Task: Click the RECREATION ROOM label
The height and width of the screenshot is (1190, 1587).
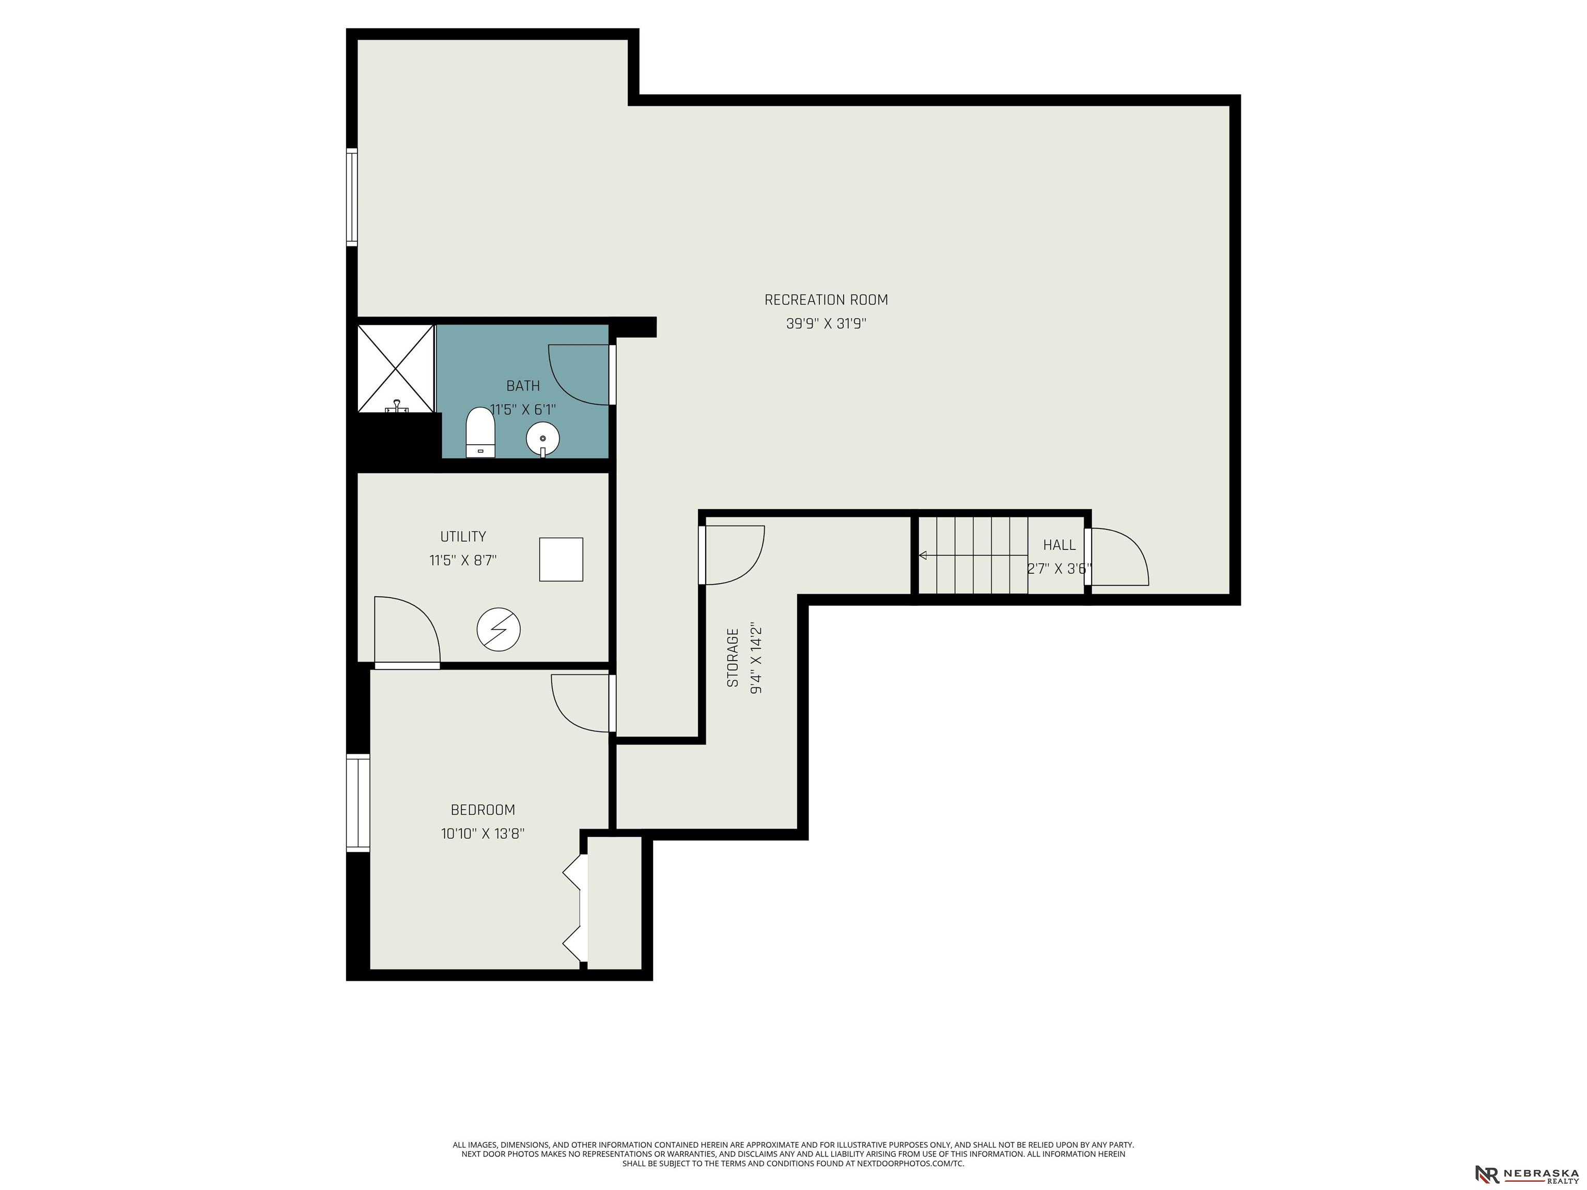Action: (x=826, y=300)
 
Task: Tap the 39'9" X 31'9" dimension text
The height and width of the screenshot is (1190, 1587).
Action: (x=826, y=323)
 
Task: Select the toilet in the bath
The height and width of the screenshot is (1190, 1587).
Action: (x=480, y=432)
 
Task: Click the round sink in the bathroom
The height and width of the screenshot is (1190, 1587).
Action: (x=543, y=439)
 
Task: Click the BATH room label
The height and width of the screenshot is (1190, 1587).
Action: (x=523, y=386)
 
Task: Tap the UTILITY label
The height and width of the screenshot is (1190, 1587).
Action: (x=463, y=537)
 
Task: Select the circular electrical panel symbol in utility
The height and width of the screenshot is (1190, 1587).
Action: (x=499, y=630)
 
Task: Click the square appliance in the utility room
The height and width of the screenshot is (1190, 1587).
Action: (x=561, y=559)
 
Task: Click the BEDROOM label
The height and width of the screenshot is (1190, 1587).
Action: (x=483, y=810)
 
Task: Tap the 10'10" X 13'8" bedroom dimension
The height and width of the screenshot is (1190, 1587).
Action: (x=483, y=834)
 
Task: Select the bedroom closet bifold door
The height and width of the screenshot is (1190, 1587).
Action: (x=575, y=908)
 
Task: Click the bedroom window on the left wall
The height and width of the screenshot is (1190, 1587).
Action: (x=358, y=803)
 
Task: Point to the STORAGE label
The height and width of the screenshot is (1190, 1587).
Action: (x=733, y=658)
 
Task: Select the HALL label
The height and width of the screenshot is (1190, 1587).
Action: (x=1059, y=545)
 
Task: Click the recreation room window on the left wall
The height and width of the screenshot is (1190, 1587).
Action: (x=352, y=197)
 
